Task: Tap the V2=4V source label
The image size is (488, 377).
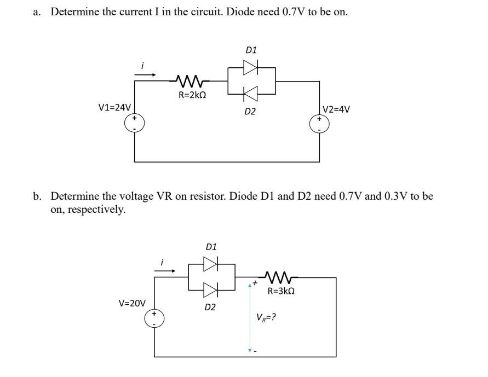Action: pos(336,109)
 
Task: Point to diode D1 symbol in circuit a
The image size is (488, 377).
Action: pos(250,67)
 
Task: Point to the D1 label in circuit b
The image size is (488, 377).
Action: pos(211,247)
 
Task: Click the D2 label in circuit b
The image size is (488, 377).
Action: pos(210,307)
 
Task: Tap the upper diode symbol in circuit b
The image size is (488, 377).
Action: pos(211,264)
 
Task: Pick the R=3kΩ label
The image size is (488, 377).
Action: pos(281,291)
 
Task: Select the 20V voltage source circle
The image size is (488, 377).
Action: pos(154,319)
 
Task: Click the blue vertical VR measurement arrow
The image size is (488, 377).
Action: pos(250,317)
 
